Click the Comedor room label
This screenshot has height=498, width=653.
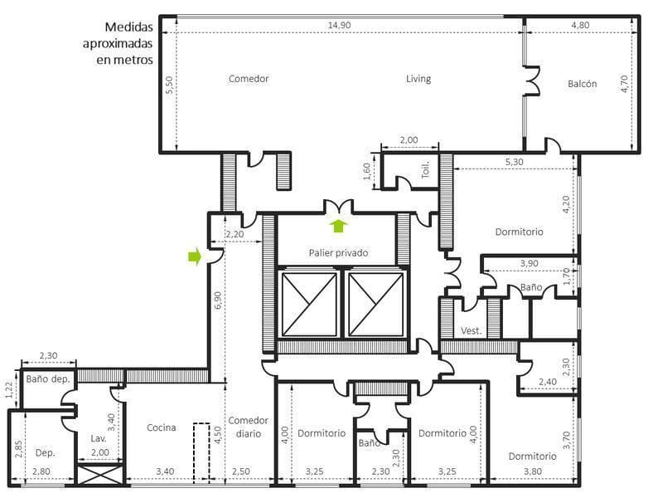click(249, 78)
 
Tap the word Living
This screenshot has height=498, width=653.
click(418, 78)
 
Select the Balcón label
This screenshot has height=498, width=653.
click(582, 84)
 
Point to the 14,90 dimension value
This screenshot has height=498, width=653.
click(339, 25)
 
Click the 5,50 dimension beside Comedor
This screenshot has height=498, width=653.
click(169, 85)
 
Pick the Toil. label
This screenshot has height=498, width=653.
click(425, 170)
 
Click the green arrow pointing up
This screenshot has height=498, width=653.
click(340, 226)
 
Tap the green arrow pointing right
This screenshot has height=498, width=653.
click(195, 256)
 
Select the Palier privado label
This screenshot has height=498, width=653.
click(338, 253)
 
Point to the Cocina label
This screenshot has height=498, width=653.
click(161, 427)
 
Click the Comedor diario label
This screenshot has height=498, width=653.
click(249, 427)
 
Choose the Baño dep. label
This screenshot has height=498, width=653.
click(48, 379)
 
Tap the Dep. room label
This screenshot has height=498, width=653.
click(45, 453)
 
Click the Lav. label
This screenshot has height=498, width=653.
click(99, 438)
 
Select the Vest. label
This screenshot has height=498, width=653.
click(471, 330)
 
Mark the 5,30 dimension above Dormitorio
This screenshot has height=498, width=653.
click(514, 162)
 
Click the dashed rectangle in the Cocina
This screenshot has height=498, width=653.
click(201, 453)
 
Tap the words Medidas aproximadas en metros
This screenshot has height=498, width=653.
click(118, 43)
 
